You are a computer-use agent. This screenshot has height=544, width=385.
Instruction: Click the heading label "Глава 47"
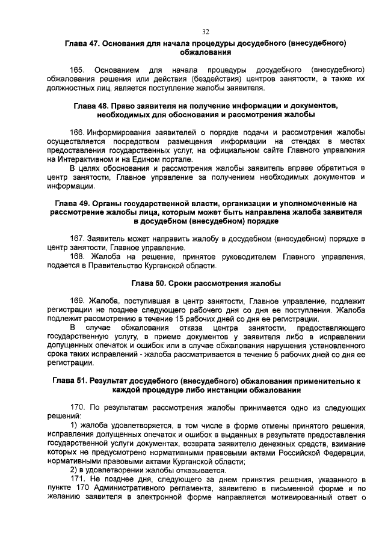coord(82,44)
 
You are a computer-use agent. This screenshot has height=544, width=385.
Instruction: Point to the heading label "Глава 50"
coord(147,283)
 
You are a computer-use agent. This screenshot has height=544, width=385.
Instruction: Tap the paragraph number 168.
coord(78,257)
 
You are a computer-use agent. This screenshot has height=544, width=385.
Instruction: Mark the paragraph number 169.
coord(78,300)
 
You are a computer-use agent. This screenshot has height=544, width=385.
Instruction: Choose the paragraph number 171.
coord(78,478)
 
